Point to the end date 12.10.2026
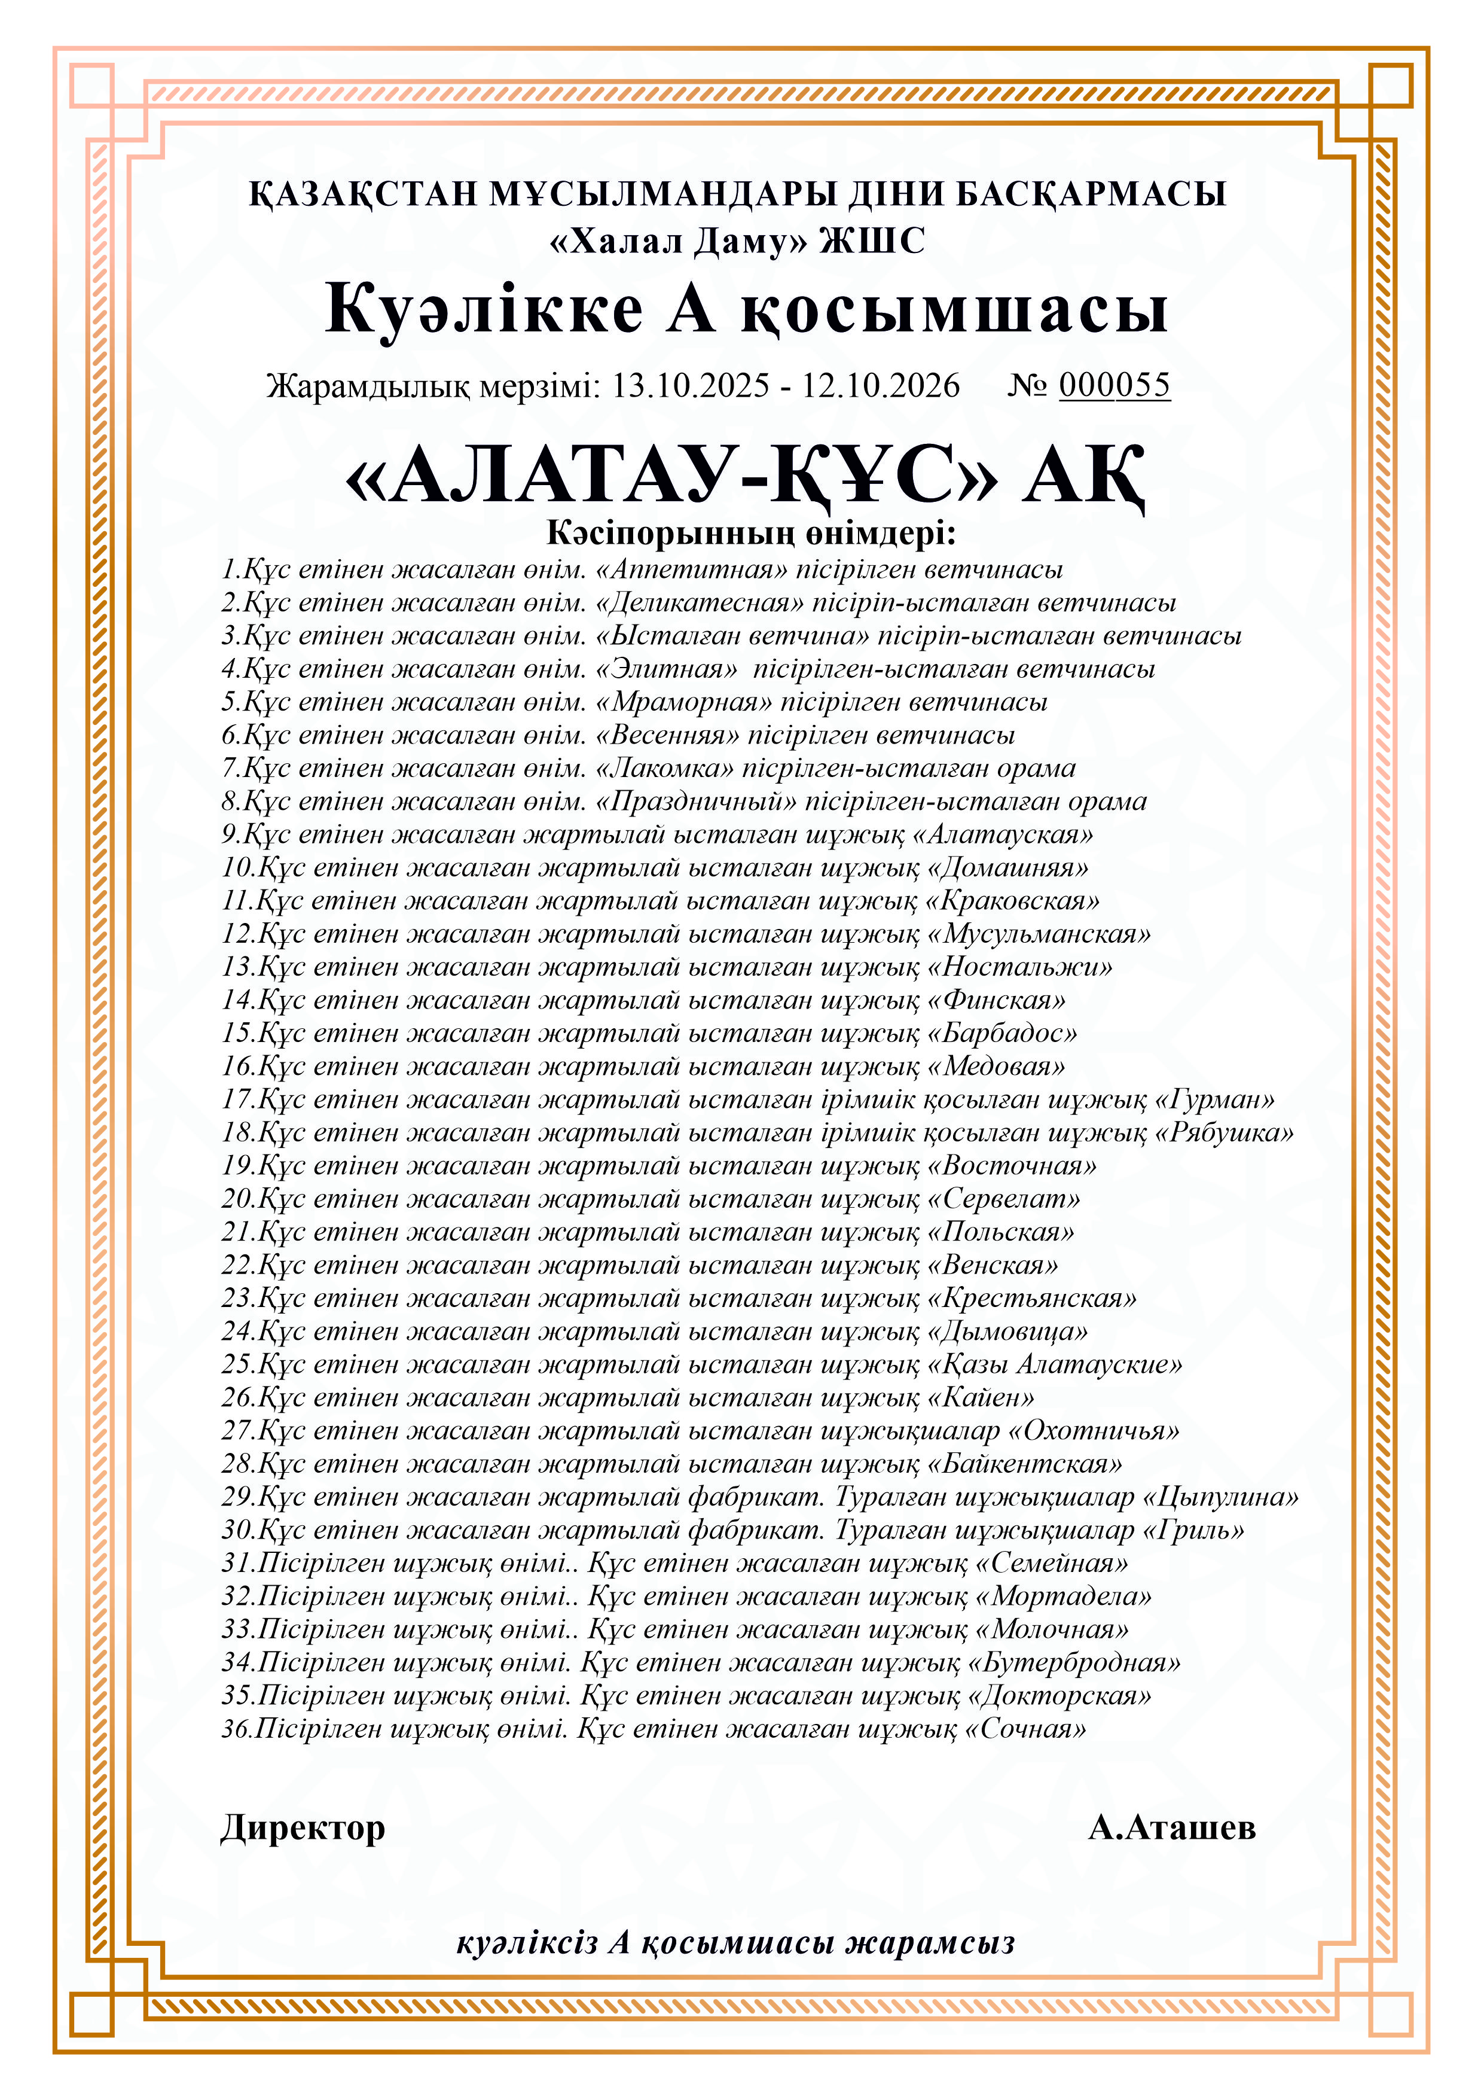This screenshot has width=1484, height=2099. tap(881, 386)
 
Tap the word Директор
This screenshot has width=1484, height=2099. tap(303, 1827)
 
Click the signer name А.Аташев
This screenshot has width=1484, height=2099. tap(1171, 1827)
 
